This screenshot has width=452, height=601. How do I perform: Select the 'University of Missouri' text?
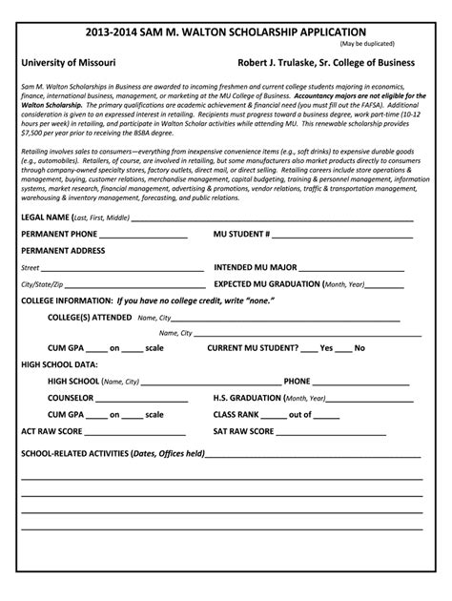click(x=69, y=62)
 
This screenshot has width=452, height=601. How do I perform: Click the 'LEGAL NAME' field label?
click(x=45, y=218)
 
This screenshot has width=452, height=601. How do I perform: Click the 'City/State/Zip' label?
click(x=42, y=284)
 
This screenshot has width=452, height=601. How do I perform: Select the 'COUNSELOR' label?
click(x=71, y=398)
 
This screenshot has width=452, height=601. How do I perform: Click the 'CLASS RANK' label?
click(x=236, y=414)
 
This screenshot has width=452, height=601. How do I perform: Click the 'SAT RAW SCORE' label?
click(x=243, y=432)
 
